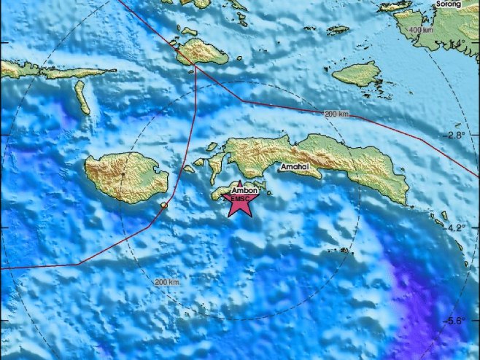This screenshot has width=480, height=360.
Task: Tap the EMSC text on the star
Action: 240,198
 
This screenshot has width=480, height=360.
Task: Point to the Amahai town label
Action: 295,169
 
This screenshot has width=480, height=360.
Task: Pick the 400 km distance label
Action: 422,30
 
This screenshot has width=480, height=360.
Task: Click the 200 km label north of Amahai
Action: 336,114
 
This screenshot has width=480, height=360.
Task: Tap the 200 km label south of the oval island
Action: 166,282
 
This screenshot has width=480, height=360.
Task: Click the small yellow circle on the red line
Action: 165,206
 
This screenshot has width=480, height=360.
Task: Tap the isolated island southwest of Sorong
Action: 357,73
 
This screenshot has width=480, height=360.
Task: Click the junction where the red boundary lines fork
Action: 196,68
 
